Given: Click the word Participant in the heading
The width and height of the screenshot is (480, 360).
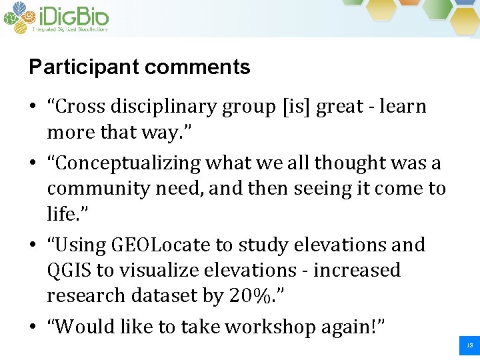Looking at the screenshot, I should click(84, 67).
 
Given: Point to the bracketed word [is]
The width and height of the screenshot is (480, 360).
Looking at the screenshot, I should click(296, 107).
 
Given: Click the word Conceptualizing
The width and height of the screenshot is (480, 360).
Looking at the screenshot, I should click(129, 163).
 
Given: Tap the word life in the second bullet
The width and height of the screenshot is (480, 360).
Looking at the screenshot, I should click(61, 214).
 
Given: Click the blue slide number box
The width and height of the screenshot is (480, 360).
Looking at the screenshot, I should click(469, 345).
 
